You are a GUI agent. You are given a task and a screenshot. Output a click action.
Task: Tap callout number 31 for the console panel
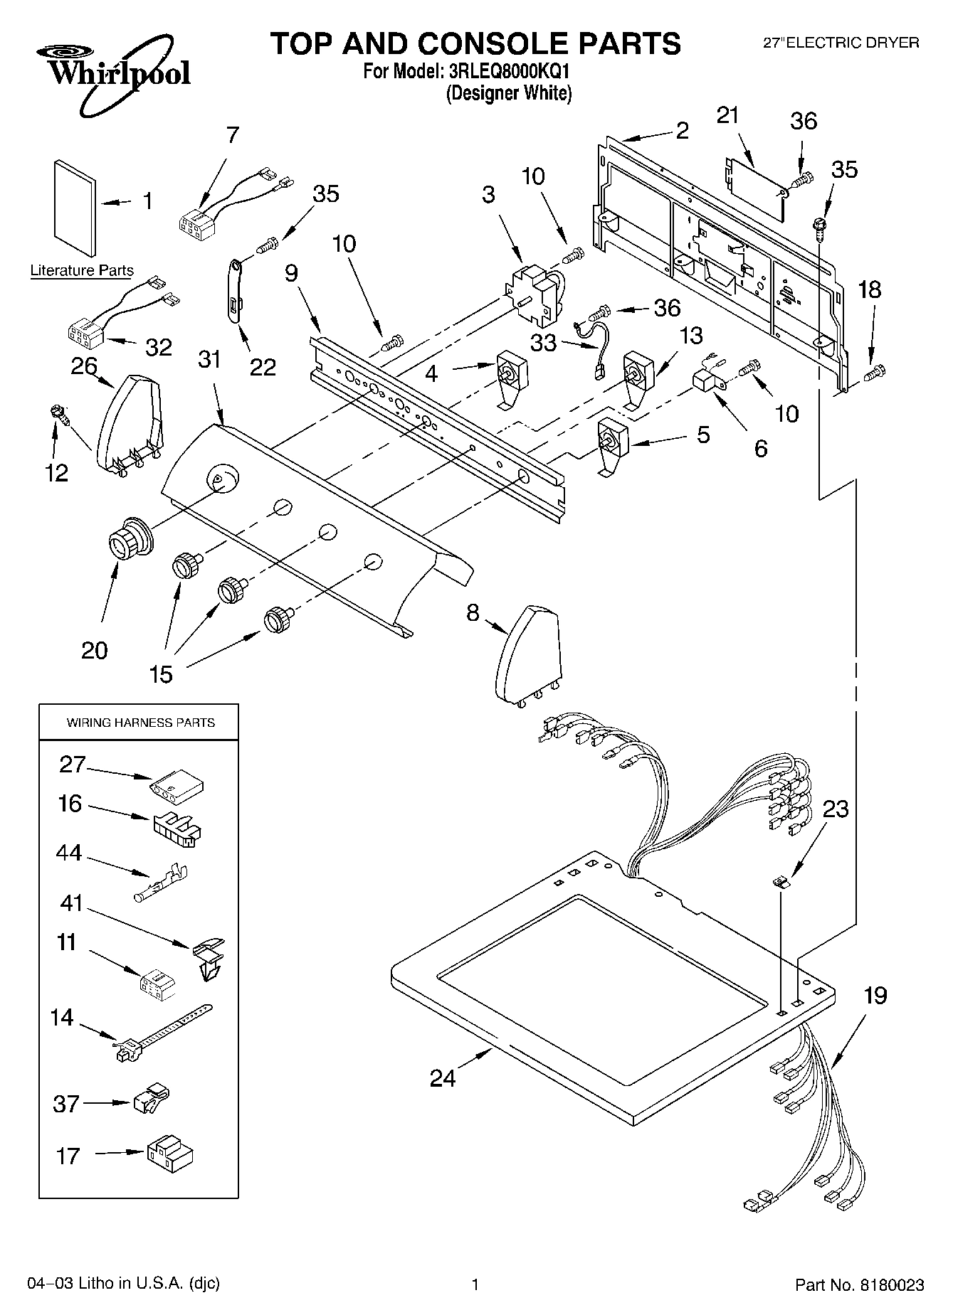click(209, 360)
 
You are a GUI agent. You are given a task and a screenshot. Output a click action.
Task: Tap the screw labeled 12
click(57, 412)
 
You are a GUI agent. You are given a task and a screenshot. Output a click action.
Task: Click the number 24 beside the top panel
click(442, 1077)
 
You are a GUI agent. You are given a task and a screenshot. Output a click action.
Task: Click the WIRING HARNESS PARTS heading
click(140, 723)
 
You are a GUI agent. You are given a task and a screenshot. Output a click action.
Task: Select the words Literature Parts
click(82, 270)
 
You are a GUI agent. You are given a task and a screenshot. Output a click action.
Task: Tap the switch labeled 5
click(611, 447)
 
